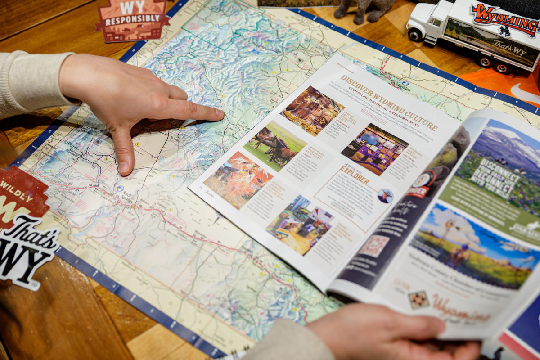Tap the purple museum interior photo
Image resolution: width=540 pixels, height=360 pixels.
374,148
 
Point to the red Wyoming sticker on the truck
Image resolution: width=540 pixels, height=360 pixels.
504,18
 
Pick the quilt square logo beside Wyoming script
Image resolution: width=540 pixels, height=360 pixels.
418,299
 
